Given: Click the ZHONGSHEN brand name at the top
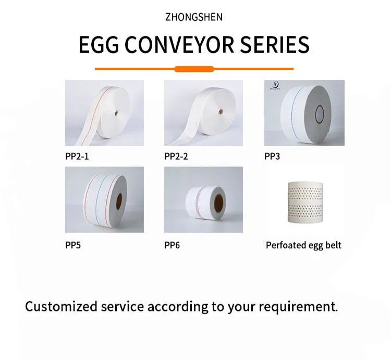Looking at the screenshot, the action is pyautogui.click(x=194, y=17).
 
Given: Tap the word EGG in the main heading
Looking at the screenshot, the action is pyautogui.click(x=99, y=45).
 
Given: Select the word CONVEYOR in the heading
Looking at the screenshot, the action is pyautogui.click(x=179, y=45).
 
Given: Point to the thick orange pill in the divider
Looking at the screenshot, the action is pyautogui.click(x=194, y=69).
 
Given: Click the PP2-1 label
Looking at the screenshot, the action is pyautogui.click(x=77, y=157).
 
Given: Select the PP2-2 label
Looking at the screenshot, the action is pyautogui.click(x=176, y=157).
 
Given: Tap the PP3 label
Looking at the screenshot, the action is pyautogui.click(x=272, y=157).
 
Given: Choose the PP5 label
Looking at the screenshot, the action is pyautogui.click(x=73, y=245).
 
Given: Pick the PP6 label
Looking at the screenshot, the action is pyautogui.click(x=172, y=245).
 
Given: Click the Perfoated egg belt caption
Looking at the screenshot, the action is pyautogui.click(x=303, y=245).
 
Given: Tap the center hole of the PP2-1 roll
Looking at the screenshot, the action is pyautogui.click(x=116, y=113).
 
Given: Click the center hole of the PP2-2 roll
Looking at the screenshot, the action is pyautogui.click(x=220, y=112).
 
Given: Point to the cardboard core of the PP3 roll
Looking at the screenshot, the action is pyautogui.click(x=320, y=115).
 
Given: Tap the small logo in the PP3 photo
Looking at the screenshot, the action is pyautogui.click(x=275, y=86).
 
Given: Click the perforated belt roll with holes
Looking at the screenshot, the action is pyautogui.click(x=305, y=202).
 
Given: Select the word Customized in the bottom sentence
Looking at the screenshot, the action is pyautogui.click(x=61, y=306).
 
